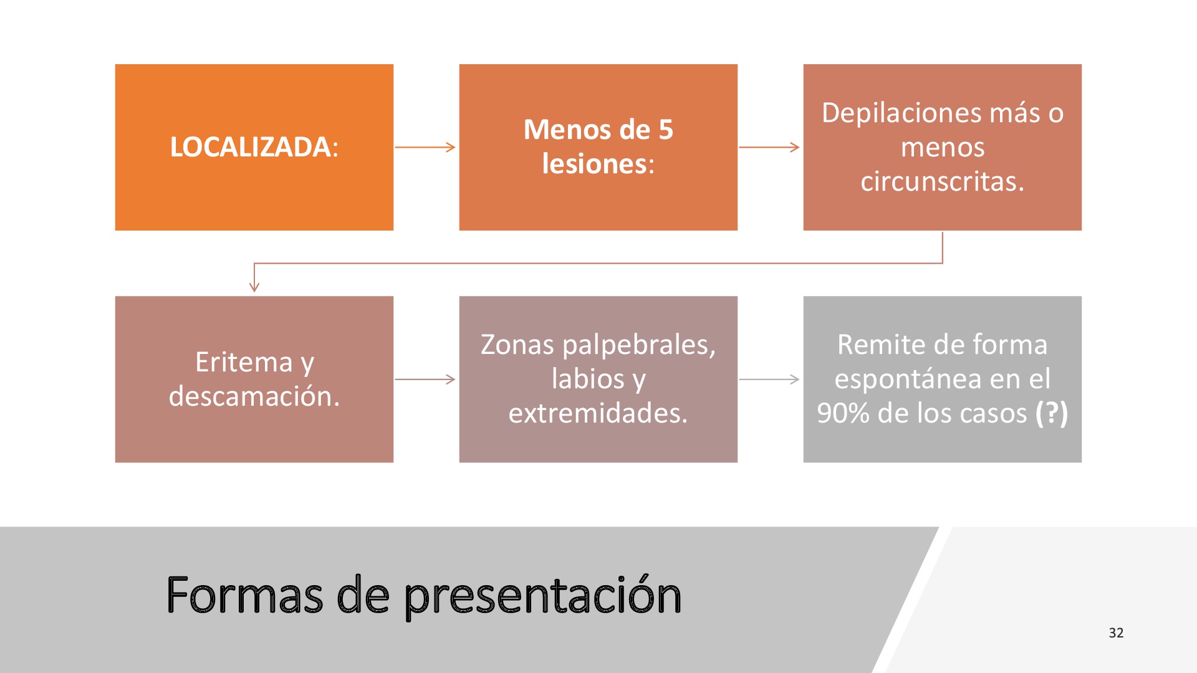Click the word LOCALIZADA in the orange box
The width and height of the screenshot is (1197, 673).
pyautogui.click(x=250, y=147)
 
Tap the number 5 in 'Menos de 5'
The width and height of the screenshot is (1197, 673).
pyautogui.click(x=666, y=130)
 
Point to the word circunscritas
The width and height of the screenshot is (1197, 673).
pyautogui.click(x=939, y=181)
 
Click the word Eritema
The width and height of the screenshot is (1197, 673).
pyautogui.click(x=244, y=362)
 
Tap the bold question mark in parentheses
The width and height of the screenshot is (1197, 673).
pyautogui.click(x=1051, y=413)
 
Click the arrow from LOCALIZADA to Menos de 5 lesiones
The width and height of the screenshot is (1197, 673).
pyautogui.click(x=425, y=147)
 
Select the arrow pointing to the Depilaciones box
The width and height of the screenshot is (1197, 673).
pyautogui.click(x=769, y=147)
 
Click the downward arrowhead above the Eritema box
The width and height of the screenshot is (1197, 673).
pyautogui.click(x=254, y=287)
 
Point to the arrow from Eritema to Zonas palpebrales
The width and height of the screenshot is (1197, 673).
pyautogui.click(x=425, y=379)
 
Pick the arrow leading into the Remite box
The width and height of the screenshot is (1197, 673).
pyautogui.click(x=769, y=379)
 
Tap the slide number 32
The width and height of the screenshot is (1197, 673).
pyautogui.click(x=1116, y=633)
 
